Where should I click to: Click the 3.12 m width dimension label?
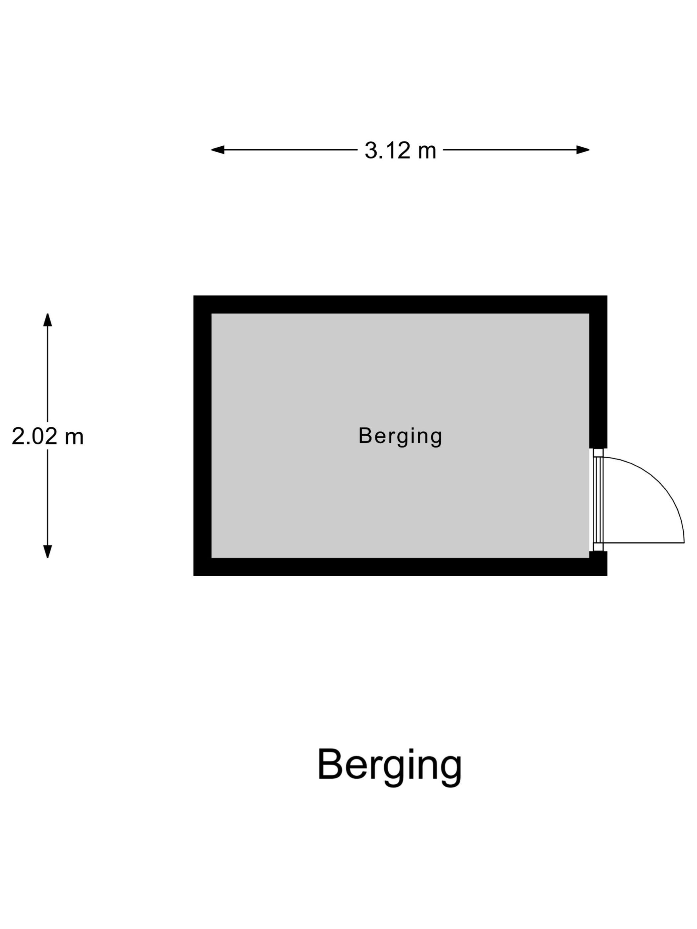400,150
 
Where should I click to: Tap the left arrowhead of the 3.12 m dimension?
218,150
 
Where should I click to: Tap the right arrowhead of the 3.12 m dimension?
583,150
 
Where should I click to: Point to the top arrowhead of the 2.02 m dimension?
47,320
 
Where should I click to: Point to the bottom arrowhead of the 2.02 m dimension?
47,551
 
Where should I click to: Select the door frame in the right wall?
598,500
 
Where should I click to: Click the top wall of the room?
400,305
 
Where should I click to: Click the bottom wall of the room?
400,567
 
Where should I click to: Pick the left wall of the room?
202,436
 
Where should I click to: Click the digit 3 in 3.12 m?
370,150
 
